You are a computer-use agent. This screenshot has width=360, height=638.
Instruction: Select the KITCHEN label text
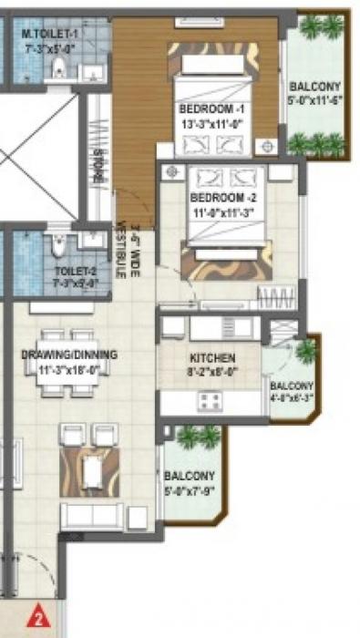[x=213, y=358]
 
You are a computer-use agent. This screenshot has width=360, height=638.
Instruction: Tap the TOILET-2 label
[x=76, y=271]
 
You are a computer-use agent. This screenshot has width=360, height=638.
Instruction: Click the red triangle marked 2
[x=39, y=616]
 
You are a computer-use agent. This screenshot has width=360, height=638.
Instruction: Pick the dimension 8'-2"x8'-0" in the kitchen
[x=213, y=371]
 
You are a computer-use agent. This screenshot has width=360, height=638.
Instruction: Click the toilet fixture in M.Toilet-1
[x=57, y=67]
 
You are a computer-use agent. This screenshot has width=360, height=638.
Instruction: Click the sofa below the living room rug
[x=91, y=515]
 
